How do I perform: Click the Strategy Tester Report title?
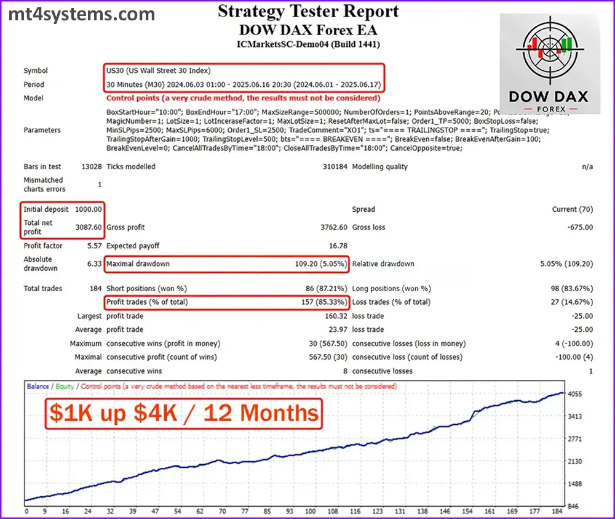pyautogui.click(x=308, y=11)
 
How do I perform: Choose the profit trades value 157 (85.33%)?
pyautogui.click(x=325, y=302)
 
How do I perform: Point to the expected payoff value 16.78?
pyautogui.click(x=338, y=246)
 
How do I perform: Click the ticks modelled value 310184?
pyautogui.click(x=335, y=167)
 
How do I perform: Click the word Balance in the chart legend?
pyautogui.click(x=38, y=386)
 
